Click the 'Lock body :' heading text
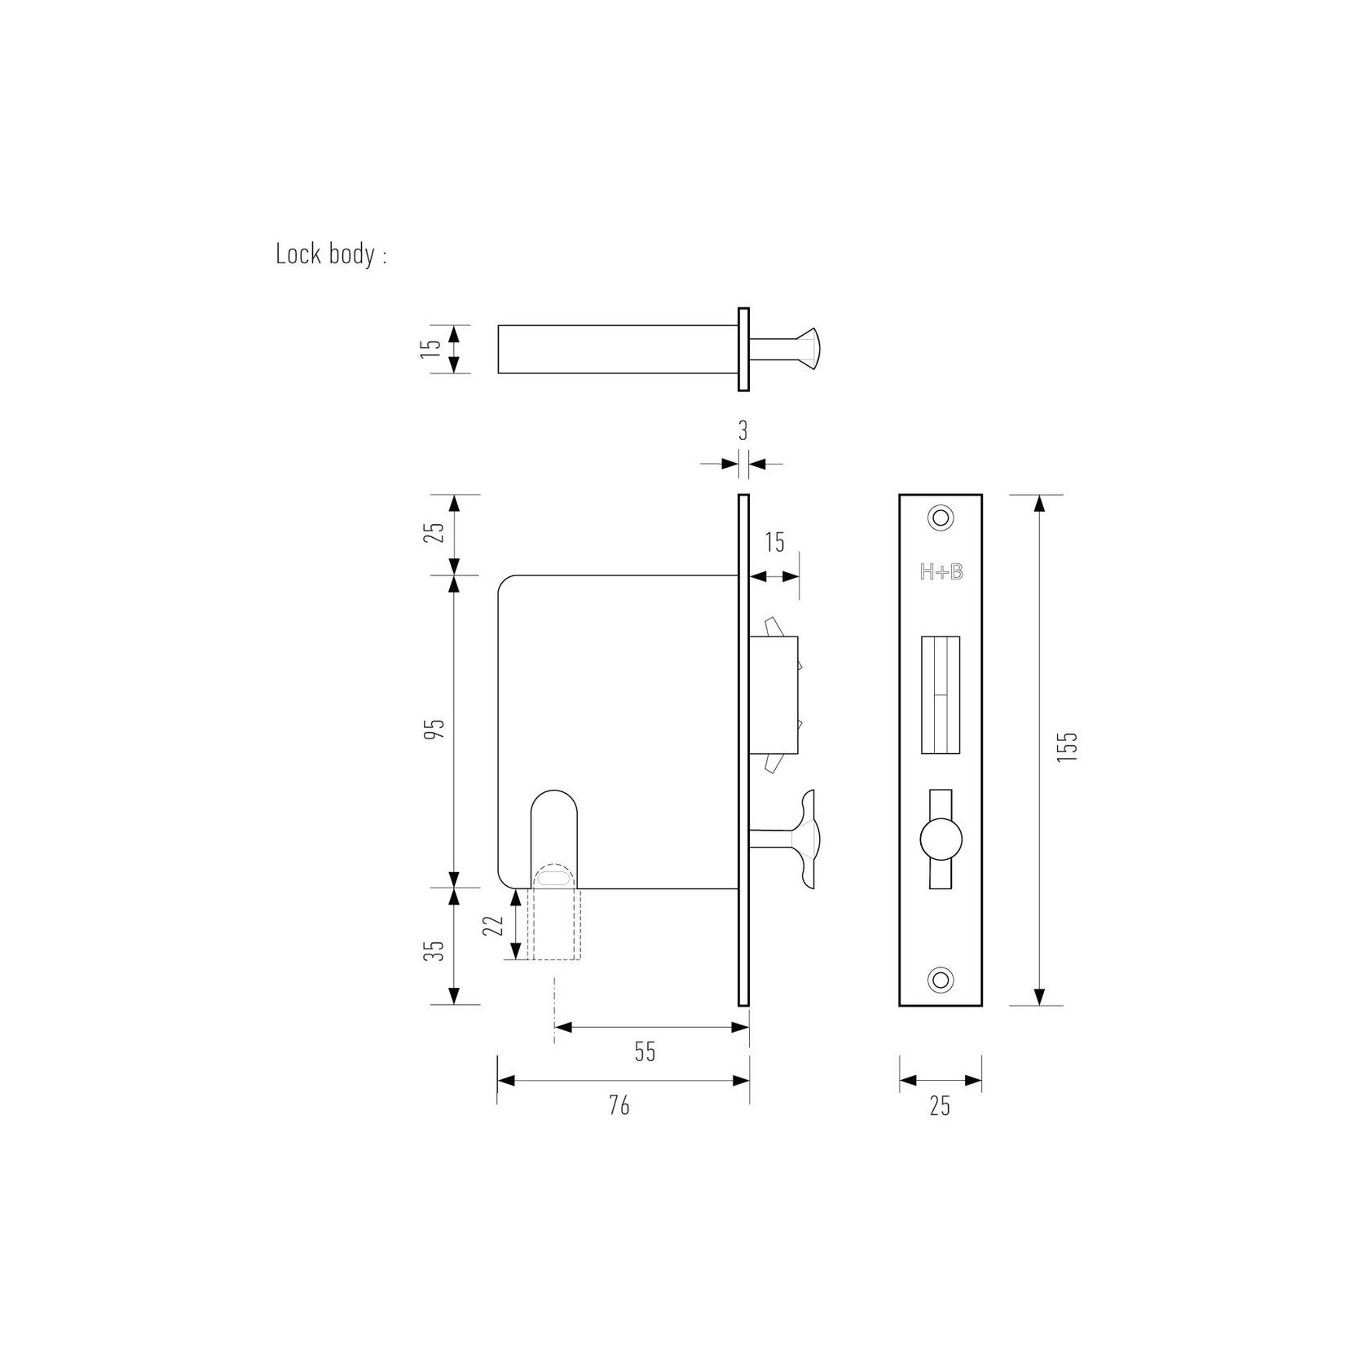click(331, 254)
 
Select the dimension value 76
click(619, 1106)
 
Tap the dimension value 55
click(645, 1052)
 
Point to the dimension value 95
click(436, 729)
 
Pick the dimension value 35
click(436, 950)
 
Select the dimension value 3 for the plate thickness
click(742, 431)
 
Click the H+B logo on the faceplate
click(941, 573)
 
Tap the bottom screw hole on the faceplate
click(941, 979)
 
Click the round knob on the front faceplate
click(941, 839)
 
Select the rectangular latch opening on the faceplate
click(941, 695)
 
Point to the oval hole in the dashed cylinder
click(554, 878)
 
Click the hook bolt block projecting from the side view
click(777, 694)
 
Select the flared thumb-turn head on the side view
click(808, 838)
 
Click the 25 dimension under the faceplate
click(940, 1106)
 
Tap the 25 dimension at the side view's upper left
click(436, 532)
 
